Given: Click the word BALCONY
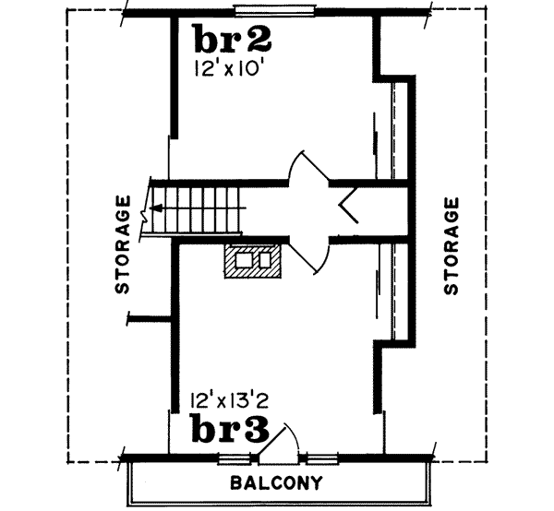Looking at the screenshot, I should [x=276, y=483].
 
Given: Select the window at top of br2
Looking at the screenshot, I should [x=277, y=10].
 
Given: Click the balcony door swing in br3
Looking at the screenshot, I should [x=278, y=441].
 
